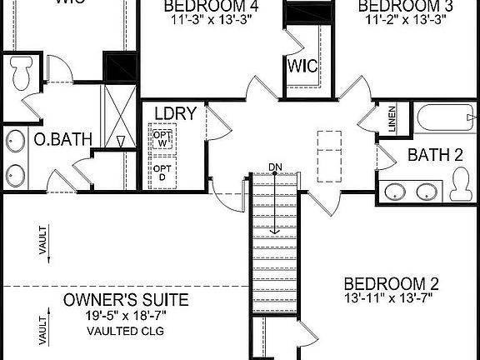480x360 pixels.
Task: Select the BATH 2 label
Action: (435, 154)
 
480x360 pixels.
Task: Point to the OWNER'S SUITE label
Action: (126, 300)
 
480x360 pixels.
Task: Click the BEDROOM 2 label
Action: (391, 282)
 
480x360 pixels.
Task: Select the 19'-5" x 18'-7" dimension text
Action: (126, 315)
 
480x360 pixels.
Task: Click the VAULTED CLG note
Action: (126, 331)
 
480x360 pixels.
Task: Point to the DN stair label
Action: (276, 167)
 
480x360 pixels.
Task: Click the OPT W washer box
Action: (162, 137)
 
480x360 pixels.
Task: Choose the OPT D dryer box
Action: (162, 172)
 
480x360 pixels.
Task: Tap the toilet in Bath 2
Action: (459, 183)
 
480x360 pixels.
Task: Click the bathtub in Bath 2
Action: (446, 117)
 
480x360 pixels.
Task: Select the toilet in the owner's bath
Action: (22, 72)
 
